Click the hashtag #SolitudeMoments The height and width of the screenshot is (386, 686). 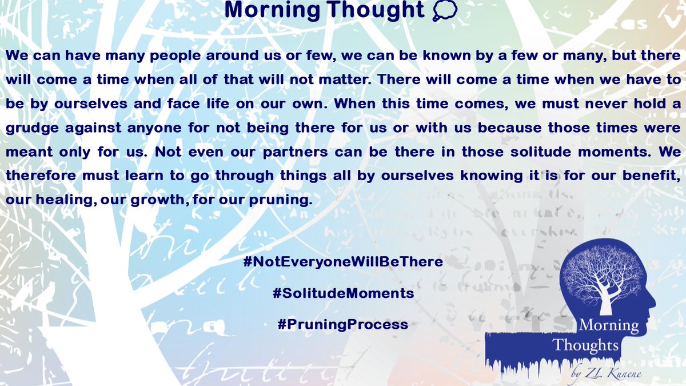point(343,293)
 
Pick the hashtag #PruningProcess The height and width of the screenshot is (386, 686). point(343,324)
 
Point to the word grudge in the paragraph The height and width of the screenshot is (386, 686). point(31,127)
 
